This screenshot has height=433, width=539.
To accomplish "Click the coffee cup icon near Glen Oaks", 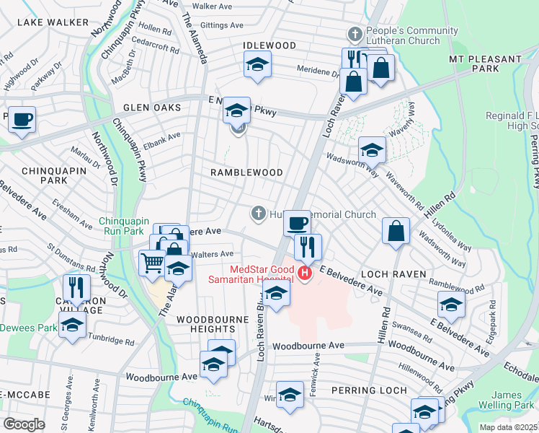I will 22,118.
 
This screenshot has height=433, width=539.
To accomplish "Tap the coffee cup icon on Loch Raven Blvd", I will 296,222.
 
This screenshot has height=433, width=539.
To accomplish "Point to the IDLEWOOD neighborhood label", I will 269,45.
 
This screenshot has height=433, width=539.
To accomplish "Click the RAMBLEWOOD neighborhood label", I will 246,172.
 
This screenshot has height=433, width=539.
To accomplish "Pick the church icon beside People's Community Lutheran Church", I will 354,34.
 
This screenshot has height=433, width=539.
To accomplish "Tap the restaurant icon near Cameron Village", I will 76,287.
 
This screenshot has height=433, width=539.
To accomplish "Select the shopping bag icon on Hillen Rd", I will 396,231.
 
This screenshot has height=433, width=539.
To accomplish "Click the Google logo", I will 24,424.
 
